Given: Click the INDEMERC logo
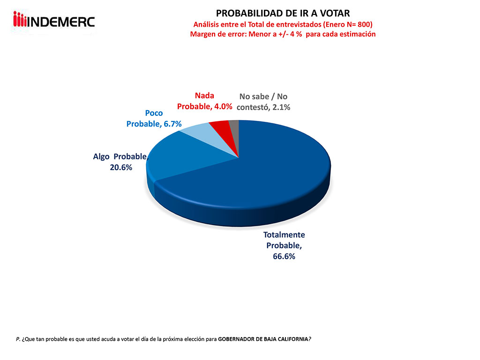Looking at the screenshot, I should (54, 21).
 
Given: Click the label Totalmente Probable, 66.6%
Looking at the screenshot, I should (284, 246).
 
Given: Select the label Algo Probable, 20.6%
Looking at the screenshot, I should (120, 162).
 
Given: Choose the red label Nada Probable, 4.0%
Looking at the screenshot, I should (205, 101).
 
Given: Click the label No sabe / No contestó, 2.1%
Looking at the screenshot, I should (263, 102).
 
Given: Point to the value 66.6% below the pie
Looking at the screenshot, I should (284, 256).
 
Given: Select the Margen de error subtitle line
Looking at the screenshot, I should (283, 34).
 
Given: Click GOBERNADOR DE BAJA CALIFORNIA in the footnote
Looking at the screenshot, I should (263, 338).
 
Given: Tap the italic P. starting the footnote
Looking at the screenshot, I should (18, 338).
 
